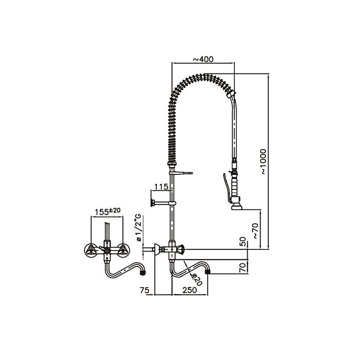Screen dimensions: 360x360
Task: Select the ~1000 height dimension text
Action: (262, 163)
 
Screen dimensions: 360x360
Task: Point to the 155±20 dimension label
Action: (108, 210)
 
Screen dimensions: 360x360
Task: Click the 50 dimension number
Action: (243, 242)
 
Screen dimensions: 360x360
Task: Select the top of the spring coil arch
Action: (201, 77)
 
